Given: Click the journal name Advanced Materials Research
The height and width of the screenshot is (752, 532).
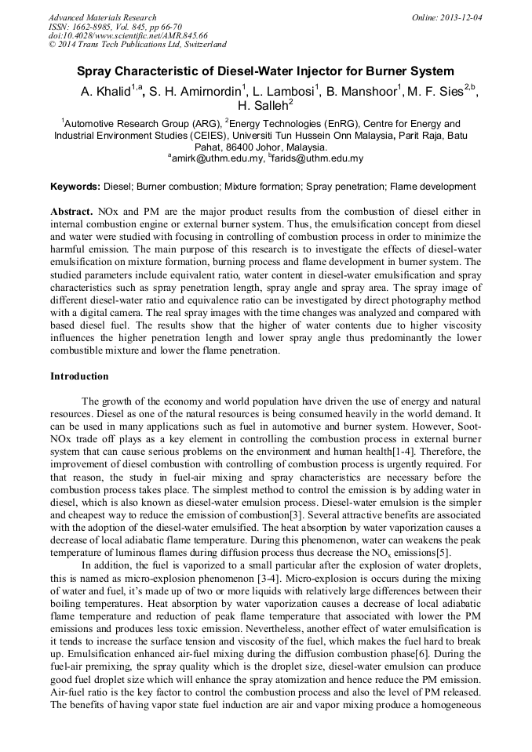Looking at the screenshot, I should click(x=102, y=17).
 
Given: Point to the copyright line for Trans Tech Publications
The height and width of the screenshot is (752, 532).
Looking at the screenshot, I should click(x=137, y=45).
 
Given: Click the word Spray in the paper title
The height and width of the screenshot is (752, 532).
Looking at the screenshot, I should click(x=96, y=71).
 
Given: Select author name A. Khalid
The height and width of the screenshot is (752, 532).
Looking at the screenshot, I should click(x=105, y=92).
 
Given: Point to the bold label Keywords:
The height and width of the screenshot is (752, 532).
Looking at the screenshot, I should click(x=75, y=187).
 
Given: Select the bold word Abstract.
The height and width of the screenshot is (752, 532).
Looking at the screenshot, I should click(x=72, y=213).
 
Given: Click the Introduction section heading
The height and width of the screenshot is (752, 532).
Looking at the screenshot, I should click(x=79, y=376).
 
